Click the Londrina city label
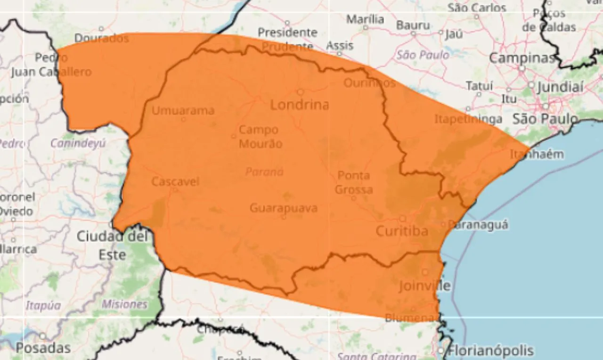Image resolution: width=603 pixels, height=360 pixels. click(299, 105)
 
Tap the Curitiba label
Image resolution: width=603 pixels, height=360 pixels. click(402, 231)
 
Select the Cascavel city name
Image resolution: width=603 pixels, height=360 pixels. click(175, 181)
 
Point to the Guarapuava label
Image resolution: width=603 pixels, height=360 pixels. click(283, 208)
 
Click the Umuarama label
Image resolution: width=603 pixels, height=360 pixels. click(183, 111)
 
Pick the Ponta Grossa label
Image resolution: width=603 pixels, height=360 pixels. click(354, 183)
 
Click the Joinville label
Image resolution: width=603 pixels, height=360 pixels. click(424, 286)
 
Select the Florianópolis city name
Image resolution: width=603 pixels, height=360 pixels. click(490, 351)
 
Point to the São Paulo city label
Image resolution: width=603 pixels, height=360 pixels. click(545, 119)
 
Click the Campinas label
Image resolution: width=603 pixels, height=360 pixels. click(522, 58)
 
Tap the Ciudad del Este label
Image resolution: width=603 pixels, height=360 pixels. click(113, 245)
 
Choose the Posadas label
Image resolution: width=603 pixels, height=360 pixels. click(43, 348)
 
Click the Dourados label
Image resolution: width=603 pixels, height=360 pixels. click(102, 38)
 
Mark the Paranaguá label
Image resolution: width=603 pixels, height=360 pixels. click(478, 225)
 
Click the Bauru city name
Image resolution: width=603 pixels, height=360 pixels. click(413, 25)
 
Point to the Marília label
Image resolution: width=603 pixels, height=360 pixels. click(365, 19)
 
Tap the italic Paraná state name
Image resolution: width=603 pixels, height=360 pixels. click(264, 172)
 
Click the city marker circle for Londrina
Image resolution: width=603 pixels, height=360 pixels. click(300, 92)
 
